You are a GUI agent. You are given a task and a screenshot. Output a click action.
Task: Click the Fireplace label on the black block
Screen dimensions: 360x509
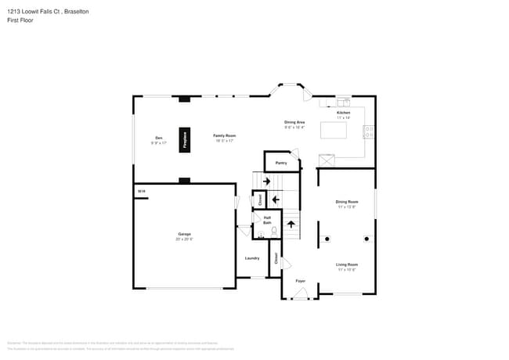(185, 139)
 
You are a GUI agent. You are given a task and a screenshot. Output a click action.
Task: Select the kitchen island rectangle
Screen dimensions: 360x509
(338, 130)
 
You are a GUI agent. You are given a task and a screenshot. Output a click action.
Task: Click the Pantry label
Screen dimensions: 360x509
(281, 163)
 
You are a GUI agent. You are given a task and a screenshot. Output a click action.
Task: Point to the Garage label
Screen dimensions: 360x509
(184, 235)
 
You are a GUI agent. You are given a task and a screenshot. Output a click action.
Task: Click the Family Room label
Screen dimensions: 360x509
(225, 137)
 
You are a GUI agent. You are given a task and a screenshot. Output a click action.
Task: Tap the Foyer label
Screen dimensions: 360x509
(300, 280)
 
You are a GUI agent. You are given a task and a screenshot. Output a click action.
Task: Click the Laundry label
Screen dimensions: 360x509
(252, 257)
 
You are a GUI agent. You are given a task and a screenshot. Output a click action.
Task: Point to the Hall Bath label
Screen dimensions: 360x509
(267, 220)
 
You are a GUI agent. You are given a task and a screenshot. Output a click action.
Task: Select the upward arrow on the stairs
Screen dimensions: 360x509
(291, 224)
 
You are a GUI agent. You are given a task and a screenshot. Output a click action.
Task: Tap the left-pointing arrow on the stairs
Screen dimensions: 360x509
(275, 200)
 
